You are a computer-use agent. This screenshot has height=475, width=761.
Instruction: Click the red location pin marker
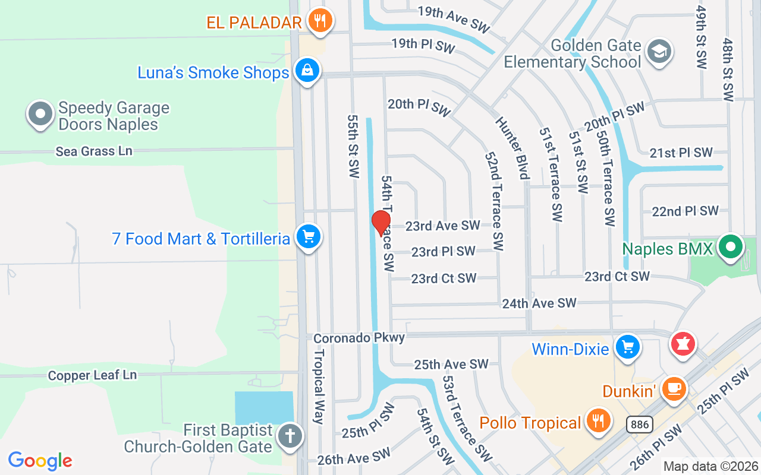tap(381, 223)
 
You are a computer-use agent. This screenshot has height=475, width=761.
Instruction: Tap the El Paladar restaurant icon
tap(320, 21)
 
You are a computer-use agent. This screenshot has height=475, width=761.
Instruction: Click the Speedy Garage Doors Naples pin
tap(40, 113)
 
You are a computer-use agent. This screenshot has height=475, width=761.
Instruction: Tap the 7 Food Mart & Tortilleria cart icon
tap(308, 237)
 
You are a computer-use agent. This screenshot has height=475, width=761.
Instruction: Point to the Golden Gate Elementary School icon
tap(659, 52)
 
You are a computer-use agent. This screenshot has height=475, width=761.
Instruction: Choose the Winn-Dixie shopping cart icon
tap(627, 347)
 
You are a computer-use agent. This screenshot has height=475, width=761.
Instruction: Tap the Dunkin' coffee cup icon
tap(674, 389)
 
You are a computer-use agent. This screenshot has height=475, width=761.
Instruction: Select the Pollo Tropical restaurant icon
tap(598, 420)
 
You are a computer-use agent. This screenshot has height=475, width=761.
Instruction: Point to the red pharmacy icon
tap(683, 344)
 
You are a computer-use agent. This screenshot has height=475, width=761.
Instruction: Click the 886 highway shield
tap(639, 425)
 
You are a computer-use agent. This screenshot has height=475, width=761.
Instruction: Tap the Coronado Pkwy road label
tap(359, 338)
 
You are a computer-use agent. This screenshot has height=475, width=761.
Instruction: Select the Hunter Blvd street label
tap(511, 147)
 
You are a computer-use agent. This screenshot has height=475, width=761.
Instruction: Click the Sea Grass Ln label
tap(94, 151)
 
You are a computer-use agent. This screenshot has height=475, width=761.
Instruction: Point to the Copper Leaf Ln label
tap(92, 375)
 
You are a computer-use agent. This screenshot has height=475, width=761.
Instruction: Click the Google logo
tap(40, 461)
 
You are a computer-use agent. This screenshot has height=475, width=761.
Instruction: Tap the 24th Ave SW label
tap(539, 303)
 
